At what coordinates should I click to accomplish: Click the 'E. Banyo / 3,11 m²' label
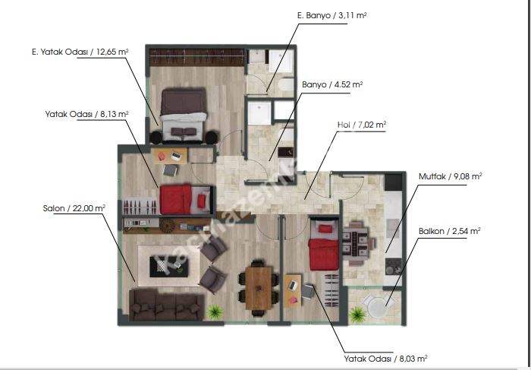tap(331, 16)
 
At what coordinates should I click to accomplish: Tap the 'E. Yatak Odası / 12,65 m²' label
tap(80, 52)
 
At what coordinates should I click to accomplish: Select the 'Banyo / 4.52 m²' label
tap(332, 84)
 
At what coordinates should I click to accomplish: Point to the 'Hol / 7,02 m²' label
tap(362, 125)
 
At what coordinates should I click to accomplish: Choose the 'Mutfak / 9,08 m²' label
tap(451, 177)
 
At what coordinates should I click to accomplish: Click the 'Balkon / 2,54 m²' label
tap(450, 232)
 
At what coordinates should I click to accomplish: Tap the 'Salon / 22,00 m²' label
tap(74, 208)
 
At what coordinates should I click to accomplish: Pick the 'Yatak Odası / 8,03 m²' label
tap(385, 359)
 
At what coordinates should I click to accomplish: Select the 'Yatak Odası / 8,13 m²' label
tap(86, 114)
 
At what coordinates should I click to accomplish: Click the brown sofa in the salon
tap(167, 305)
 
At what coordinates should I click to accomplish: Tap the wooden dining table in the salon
tap(259, 288)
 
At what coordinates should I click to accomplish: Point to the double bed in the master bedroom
tap(184, 114)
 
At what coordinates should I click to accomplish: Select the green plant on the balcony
tap(357, 315)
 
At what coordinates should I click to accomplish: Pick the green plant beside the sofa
tap(215, 312)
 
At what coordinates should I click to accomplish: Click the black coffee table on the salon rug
tap(168, 266)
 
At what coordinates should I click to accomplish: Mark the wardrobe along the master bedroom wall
tap(196, 57)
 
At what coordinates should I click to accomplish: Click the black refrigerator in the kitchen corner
tap(393, 182)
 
